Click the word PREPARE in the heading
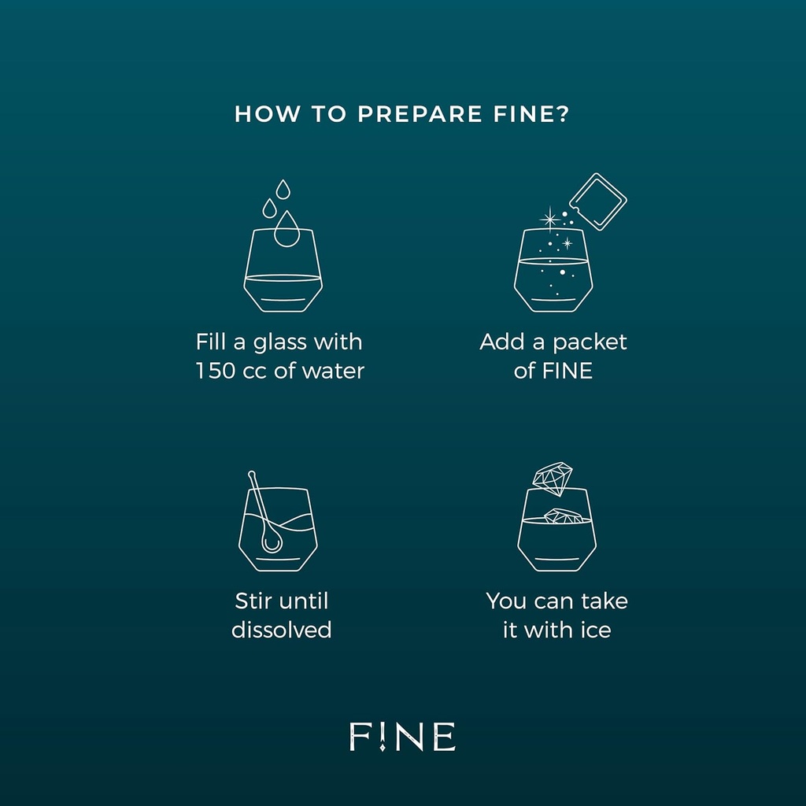420,113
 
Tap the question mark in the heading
563,113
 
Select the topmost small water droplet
283,189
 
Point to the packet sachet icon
598,201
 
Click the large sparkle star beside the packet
550,220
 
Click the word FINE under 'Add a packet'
568,371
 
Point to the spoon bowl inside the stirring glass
272,542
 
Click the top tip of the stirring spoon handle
251,473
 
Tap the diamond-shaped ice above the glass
552,479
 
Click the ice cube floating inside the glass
563,516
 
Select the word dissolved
282,630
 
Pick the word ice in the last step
596,630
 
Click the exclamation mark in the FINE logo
382,737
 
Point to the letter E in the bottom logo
445,736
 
